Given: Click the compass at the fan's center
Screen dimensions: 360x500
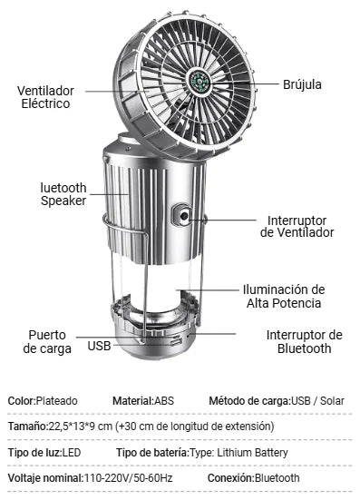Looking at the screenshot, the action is tap(199, 82).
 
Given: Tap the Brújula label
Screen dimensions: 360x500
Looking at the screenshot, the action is tap(302, 84).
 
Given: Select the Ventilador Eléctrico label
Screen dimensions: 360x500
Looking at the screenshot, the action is tap(45, 97).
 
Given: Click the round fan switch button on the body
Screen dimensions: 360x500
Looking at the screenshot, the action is tap(184, 216).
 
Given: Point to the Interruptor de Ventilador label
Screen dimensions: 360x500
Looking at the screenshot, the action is tap(297, 226).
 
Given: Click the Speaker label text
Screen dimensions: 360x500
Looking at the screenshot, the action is tap(63, 201).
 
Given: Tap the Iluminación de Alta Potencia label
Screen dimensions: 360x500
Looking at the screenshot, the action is tap(284, 296).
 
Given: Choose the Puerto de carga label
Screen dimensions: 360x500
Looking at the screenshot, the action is tap(47, 342).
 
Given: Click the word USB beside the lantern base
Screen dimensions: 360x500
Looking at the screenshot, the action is tap(99, 346).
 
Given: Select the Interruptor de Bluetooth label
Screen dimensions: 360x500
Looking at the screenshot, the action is tap(305, 342).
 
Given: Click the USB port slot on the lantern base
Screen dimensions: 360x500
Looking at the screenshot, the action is tap(175, 342).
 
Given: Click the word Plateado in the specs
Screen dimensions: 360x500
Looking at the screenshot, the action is tap(56, 401).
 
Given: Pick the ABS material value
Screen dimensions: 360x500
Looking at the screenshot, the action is tap(164, 401).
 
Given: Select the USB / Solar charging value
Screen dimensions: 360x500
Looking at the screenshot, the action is tap(317, 401).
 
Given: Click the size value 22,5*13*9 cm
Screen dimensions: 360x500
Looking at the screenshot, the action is tap(80, 426).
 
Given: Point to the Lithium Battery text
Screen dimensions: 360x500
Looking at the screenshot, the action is tap(252, 453).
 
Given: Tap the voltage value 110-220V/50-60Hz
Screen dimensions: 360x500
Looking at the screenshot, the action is tap(128, 478).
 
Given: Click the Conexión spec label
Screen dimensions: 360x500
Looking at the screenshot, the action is tap(231, 478).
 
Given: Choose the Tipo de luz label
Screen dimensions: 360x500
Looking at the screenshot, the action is tap(34, 453).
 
